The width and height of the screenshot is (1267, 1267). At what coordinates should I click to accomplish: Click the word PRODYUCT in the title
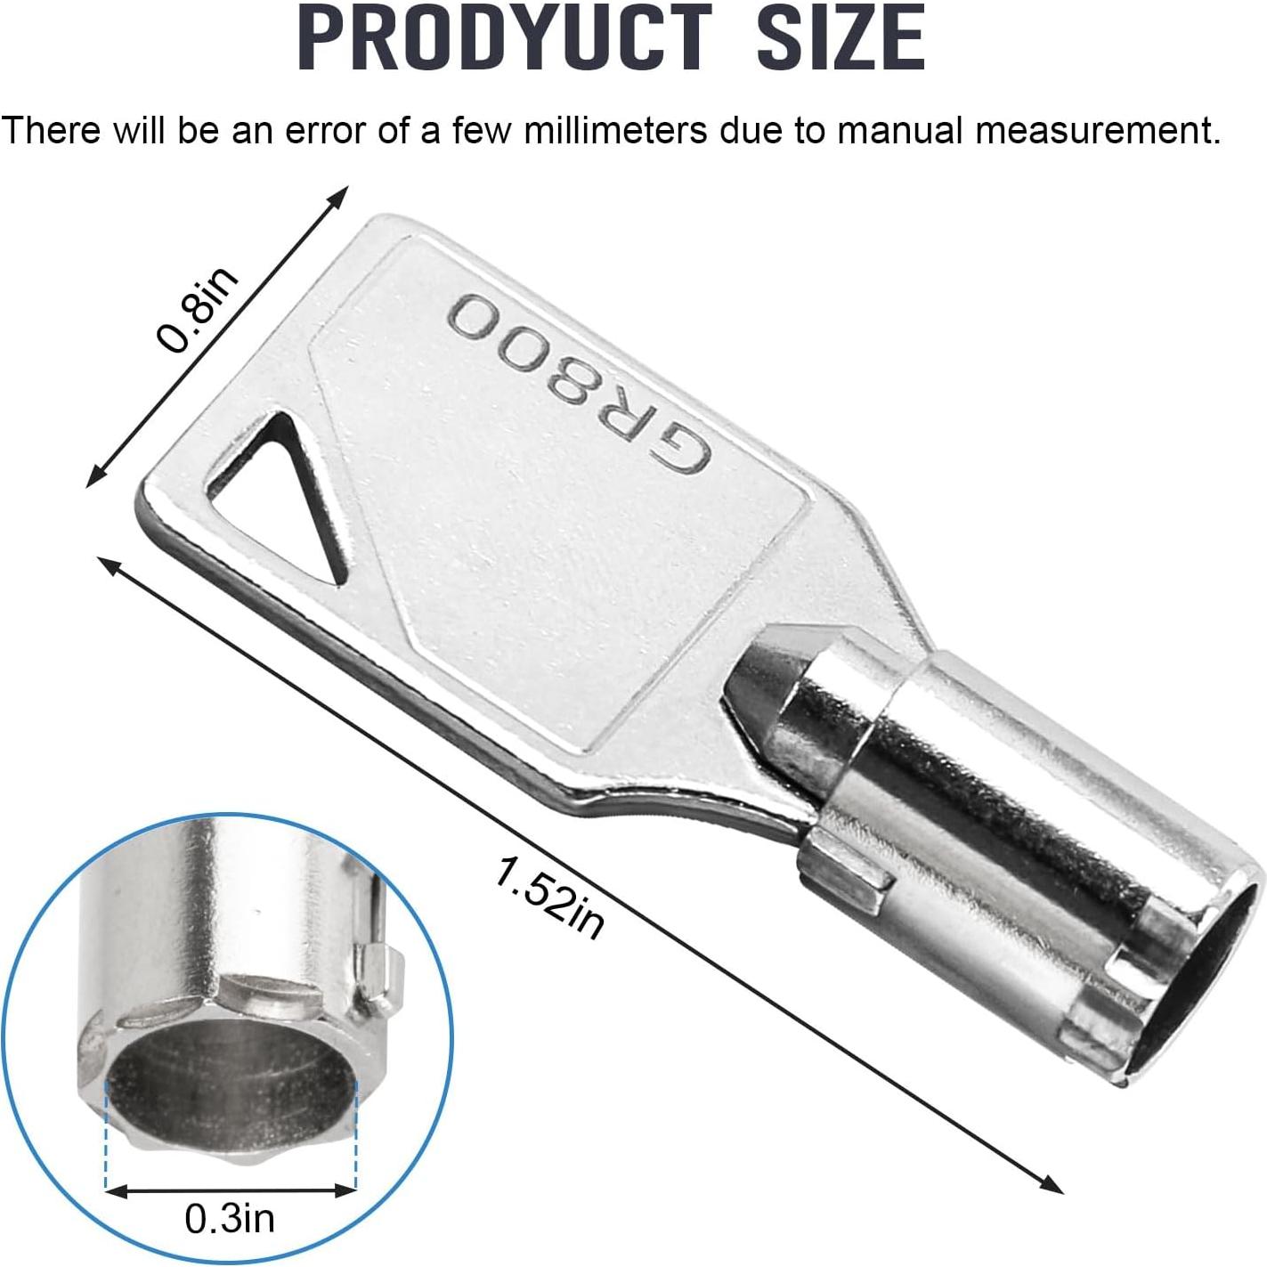click(x=506, y=38)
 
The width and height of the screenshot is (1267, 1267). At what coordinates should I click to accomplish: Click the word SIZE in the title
click(x=842, y=38)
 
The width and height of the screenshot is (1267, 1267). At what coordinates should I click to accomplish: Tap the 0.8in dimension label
click(x=199, y=311)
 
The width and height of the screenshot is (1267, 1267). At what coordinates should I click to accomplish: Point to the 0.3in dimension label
click(x=230, y=1218)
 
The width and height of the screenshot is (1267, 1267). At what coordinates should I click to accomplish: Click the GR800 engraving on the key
click(x=579, y=384)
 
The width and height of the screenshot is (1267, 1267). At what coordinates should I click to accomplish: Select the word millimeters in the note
click(x=615, y=131)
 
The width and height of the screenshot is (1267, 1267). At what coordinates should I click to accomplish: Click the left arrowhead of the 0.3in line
click(x=114, y=1190)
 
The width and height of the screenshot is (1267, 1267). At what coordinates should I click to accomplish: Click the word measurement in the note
click(x=1097, y=131)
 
